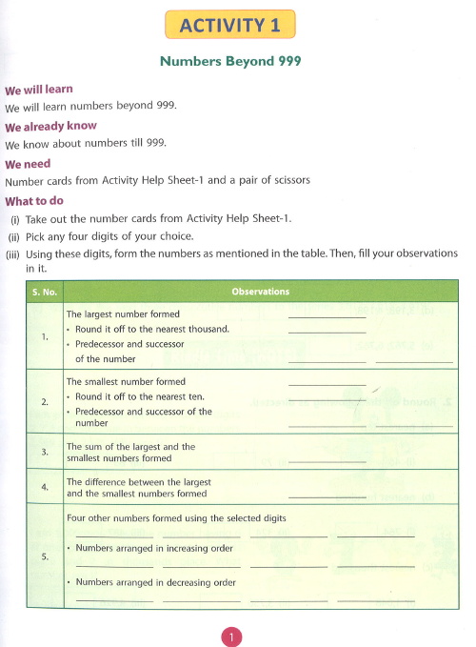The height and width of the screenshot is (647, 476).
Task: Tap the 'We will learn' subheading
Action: click(39, 90)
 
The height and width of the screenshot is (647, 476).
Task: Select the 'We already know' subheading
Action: click(50, 127)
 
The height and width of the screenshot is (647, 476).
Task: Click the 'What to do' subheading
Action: click(34, 201)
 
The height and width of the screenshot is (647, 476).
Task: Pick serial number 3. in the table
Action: click(45, 452)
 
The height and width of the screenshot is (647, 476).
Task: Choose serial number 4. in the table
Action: click(45, 488)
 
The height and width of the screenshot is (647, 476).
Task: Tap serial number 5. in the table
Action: click(45, 556)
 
